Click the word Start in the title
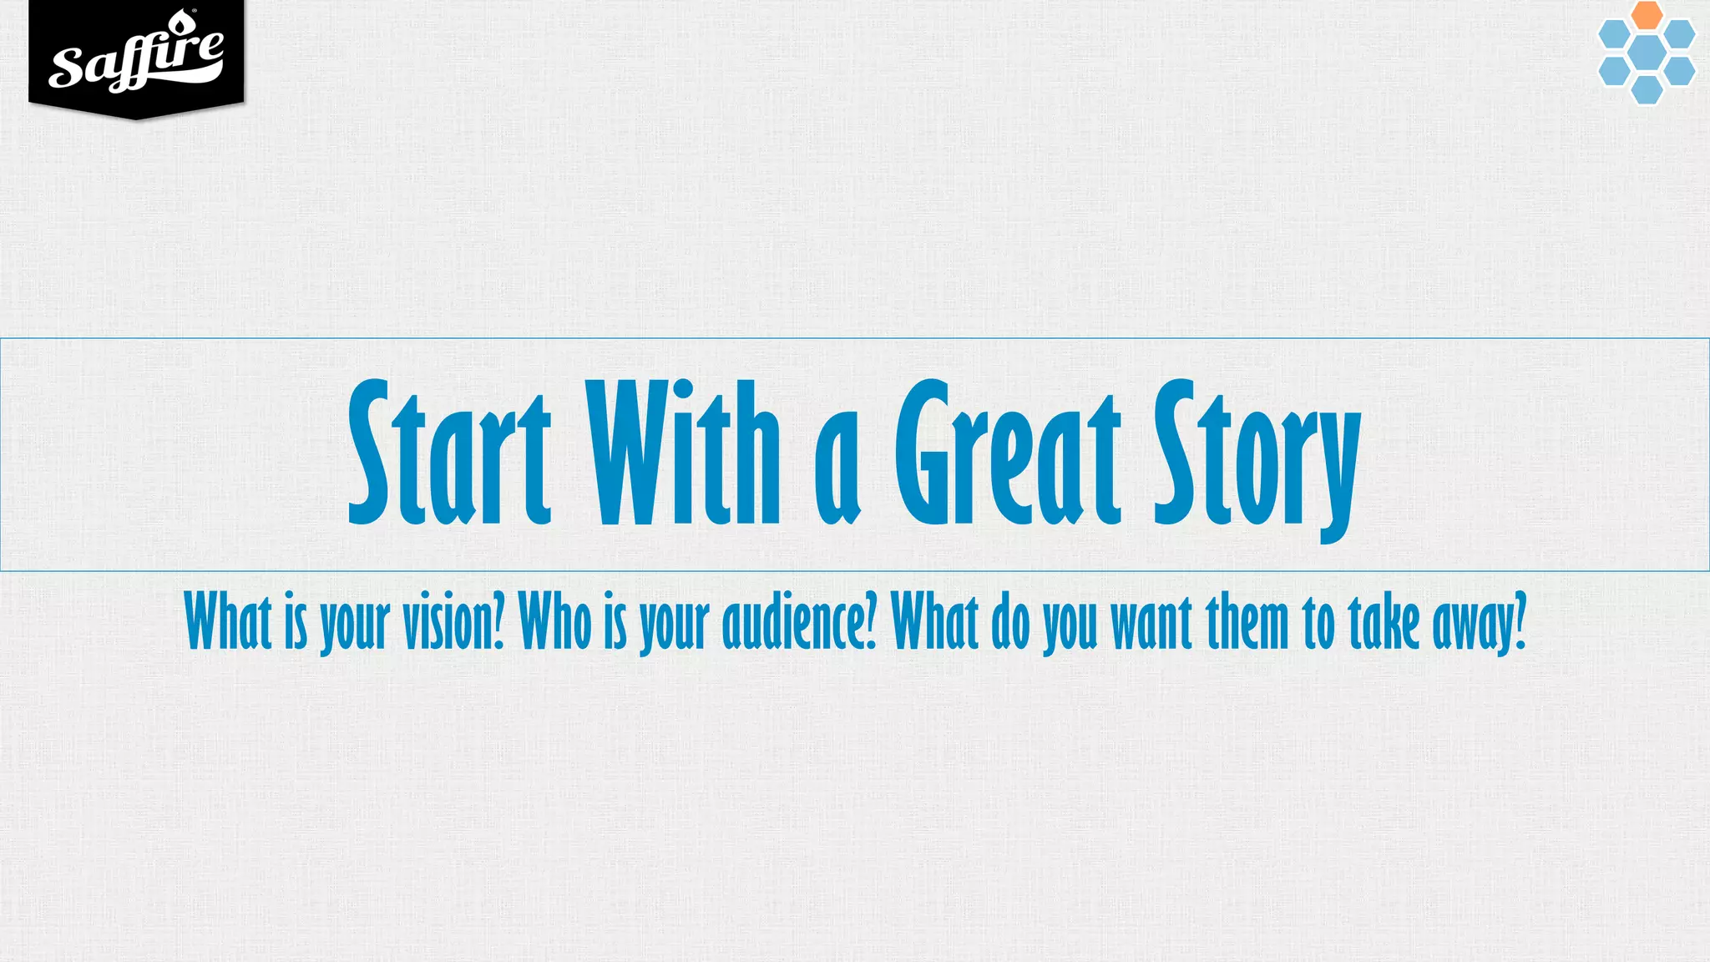click(449, 455)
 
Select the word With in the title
click(683, 455)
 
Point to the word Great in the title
click(1007, 455)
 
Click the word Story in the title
click(1257, 459)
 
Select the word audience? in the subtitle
click(800, 622)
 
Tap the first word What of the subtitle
click(228, 622)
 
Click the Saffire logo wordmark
click(136, 60)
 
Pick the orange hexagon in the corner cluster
click(1647, 14)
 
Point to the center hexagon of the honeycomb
click(1647, 52)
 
